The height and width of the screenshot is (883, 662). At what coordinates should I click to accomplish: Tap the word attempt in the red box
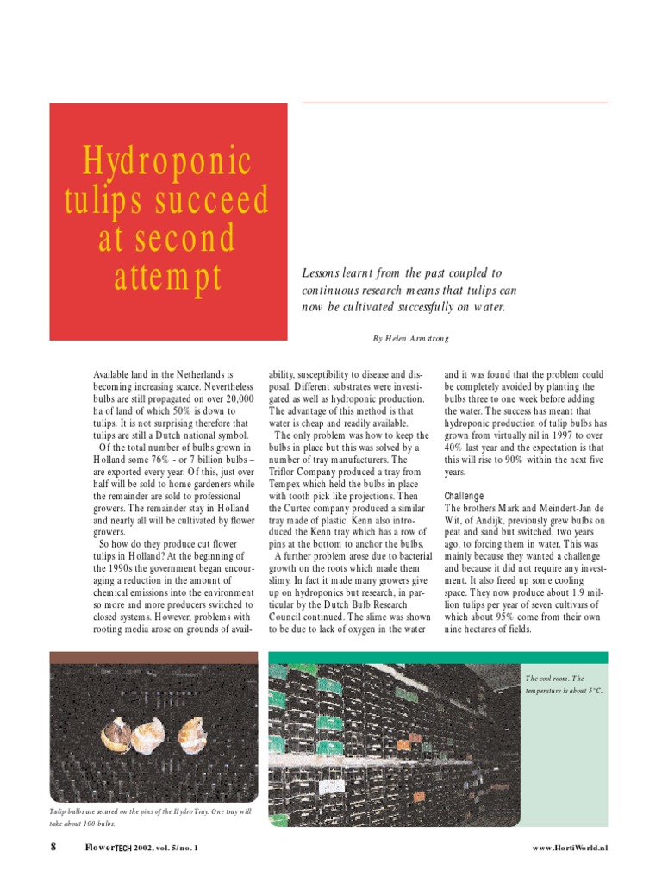(x=167, y=278)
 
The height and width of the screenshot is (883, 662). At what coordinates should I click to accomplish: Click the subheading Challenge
(x=465, y=497)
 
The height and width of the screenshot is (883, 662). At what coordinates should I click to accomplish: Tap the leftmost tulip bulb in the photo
(x=115, y=734)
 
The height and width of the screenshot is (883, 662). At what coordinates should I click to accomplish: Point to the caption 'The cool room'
(x=554, y=679)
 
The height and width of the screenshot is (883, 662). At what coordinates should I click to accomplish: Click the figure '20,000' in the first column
(x=234, y=399)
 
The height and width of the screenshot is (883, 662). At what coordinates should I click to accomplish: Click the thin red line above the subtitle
(x=455, y=103)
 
